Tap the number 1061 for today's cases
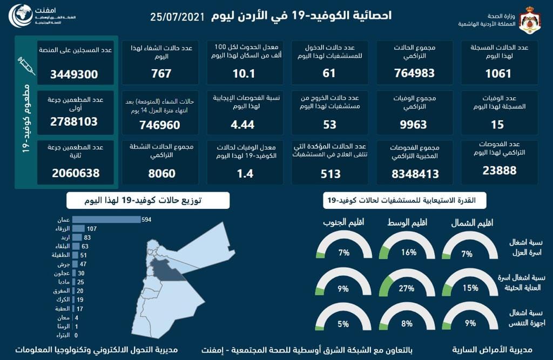[498, 73]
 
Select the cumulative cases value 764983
[415, 73]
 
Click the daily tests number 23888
[498, 171]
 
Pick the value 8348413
[415, 174]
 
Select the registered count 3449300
[75, 73]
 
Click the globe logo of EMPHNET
[22, 18]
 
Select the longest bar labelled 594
[106, 220]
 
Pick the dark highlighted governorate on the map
[166, 269]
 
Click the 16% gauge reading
[408, 253]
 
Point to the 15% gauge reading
[470, 288]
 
